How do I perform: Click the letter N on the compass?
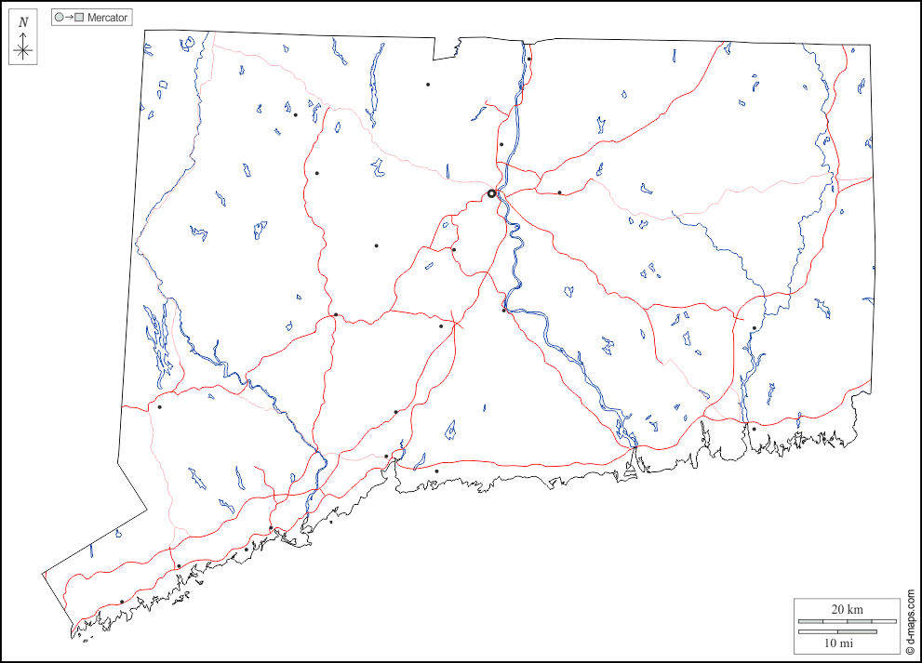[23, 22]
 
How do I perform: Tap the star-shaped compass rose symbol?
[23, 49]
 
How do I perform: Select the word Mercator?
[107, 18]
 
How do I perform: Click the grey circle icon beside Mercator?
[60, 18]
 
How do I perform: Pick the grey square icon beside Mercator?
[79, 18]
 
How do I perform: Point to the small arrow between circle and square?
[69, 18]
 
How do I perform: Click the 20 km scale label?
[847, 609]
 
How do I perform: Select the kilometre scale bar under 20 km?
[837, 620]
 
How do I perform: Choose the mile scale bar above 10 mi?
[837, 631]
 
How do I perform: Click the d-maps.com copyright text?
[911, 622]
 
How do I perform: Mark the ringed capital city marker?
[491, 193]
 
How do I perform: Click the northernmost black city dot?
[528, 60]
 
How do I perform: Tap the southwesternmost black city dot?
[122, 602]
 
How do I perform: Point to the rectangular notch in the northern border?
[457, 46]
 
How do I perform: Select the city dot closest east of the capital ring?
[559, 192]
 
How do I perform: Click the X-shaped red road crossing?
[454, 324]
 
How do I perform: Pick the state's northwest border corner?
[144, 30]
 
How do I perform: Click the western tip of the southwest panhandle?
[42, 573]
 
